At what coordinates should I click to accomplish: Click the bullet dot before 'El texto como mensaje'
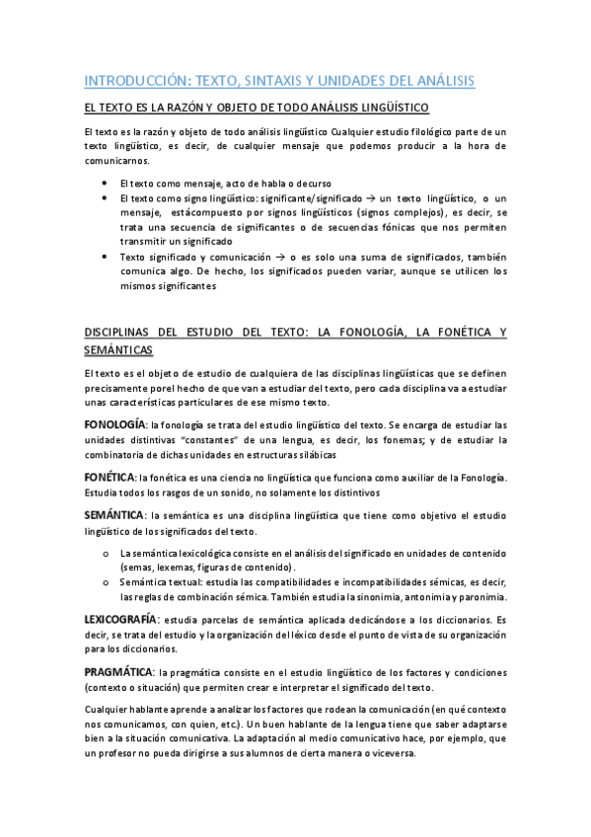(106, 184)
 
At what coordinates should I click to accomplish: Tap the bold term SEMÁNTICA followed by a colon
(113, 515)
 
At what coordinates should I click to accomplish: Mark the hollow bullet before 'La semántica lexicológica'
(106, 555)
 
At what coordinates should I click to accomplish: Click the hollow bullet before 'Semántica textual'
(106, 583)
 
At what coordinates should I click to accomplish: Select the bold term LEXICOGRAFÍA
(122, 618)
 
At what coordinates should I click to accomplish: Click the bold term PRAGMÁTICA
(117, 671)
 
